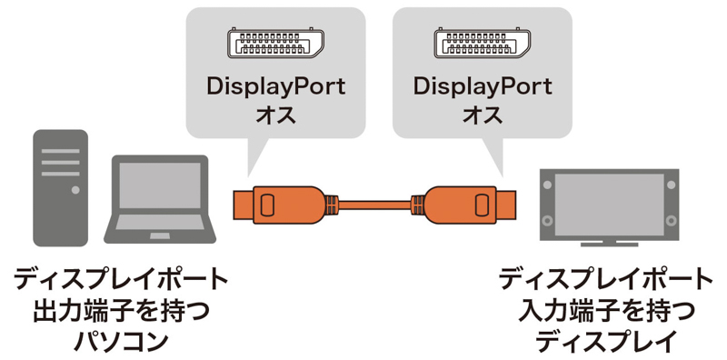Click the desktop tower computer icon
60,188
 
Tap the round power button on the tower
75,190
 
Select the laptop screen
160,185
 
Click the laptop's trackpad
160,236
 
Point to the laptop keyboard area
160,222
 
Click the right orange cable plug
463,205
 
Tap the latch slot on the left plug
266,205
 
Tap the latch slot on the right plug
482,205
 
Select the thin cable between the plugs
375,205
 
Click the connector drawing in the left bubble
275,43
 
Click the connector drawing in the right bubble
483,43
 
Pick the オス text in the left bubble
275,115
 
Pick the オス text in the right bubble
483,115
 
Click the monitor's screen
609,205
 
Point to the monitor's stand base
609,244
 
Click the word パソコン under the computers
121,342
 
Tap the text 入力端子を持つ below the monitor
606,312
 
